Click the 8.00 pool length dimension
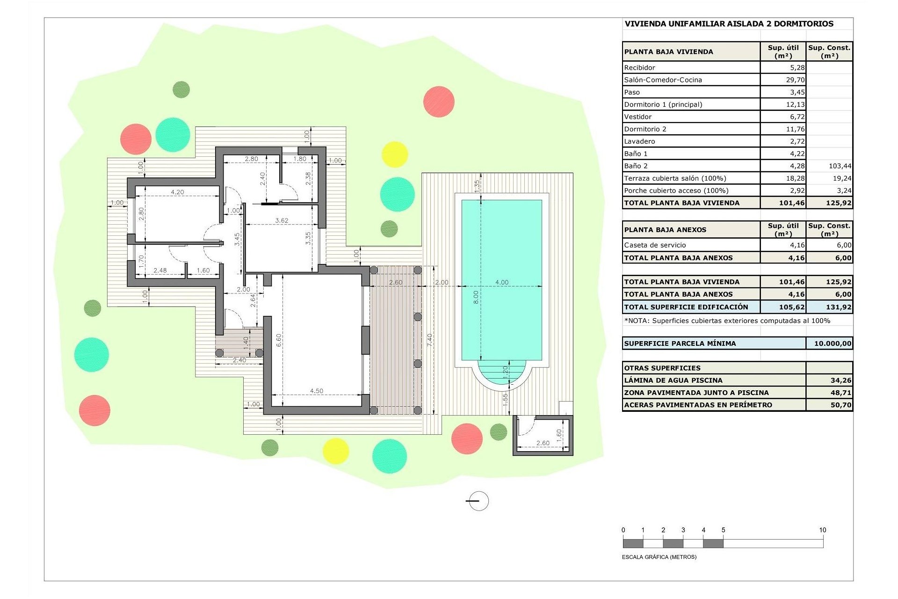[476, 297]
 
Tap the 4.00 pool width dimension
[501, 282]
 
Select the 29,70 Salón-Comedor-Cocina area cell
[795, 80]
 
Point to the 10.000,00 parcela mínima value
[832, 343]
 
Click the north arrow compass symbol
[478, 501]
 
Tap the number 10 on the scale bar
[822, 530]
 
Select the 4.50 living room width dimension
[317, 391]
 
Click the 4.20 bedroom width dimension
[177, 192]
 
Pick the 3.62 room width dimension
[282, 220]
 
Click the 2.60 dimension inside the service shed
[543, 443]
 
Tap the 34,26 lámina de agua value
[840, 380]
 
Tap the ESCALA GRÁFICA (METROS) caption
[659, 557]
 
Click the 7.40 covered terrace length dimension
[430, 340]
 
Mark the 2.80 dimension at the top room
[251, 159]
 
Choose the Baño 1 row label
[636, 153]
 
